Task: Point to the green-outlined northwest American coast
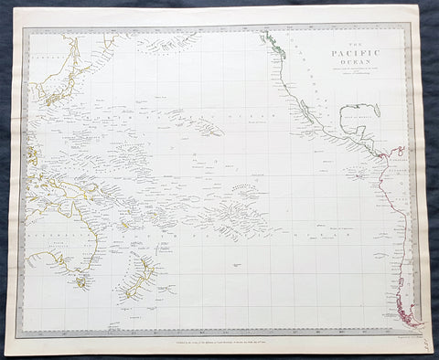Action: click(273, 46)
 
